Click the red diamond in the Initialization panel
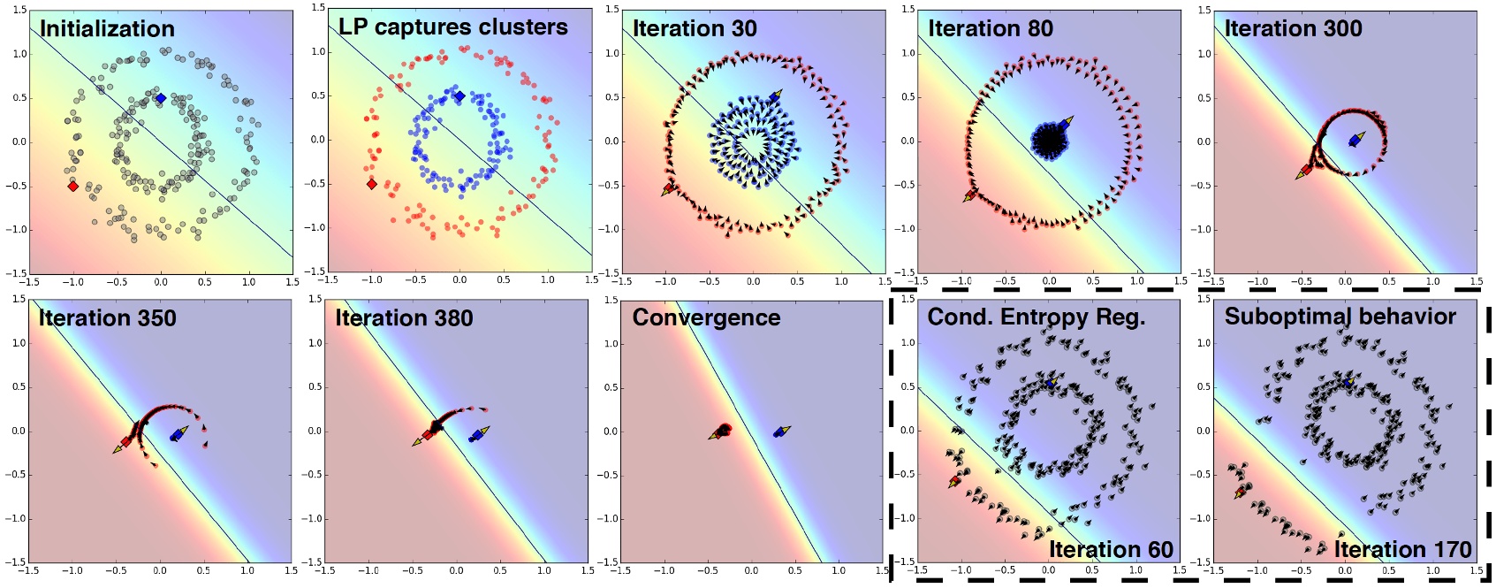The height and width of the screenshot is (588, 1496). tap(72, 186)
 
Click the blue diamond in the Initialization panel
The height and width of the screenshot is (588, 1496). tap(160, 98)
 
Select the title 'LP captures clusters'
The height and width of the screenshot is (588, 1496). tap(452, 27)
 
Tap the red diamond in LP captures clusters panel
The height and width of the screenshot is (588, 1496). tap(371, 184)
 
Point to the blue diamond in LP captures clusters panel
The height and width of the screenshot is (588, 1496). tap(459, 95)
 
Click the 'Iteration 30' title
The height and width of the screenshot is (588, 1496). tap(695, 28)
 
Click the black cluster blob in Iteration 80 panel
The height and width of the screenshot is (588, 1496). tap(1049, 140)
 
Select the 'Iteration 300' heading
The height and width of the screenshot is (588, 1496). tap(1293, 28)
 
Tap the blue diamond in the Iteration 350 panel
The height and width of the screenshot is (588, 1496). tap(176, 435)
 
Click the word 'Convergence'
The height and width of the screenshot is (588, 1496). tap(706, 317)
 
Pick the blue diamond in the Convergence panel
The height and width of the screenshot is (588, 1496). tap(778, 432)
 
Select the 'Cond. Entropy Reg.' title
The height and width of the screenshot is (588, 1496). tap(1036, 317)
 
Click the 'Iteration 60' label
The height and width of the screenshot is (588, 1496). tap(1110, 549)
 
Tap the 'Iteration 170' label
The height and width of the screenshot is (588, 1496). tap(1402, 549)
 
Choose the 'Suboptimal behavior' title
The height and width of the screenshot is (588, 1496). tap(1340, 317)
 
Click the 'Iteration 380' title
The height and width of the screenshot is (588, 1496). tap(404, 317)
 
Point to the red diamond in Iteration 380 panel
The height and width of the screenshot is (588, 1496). tap(428, 434)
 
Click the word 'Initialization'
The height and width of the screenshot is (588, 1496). tap(107, 28)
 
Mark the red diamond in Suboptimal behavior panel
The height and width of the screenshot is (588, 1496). tap(1241, 492)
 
